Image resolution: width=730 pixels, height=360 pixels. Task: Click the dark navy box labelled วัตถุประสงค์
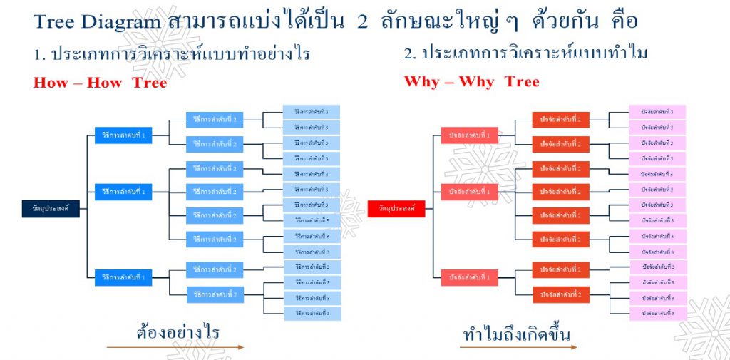point(51,208)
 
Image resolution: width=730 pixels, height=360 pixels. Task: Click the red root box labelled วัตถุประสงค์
point(396,208)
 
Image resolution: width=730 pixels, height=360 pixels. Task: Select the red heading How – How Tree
point(100,83)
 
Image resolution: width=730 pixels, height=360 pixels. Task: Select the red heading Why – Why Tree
point(471,81)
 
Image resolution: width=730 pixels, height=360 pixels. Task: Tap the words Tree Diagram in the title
point(97,21)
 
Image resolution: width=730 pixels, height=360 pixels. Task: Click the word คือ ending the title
point(622,21)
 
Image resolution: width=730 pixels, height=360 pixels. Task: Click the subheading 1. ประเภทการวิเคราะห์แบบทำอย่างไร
point(171,53)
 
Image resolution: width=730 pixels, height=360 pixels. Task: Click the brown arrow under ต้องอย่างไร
point(175,348)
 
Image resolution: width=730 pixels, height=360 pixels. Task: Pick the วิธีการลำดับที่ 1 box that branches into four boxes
point(123,192)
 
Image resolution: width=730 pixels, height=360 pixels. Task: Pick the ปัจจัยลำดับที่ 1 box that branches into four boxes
point(469,192)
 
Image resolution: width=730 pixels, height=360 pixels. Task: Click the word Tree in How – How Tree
point(149,83)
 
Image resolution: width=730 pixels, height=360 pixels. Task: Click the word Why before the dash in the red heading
point(421,81)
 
